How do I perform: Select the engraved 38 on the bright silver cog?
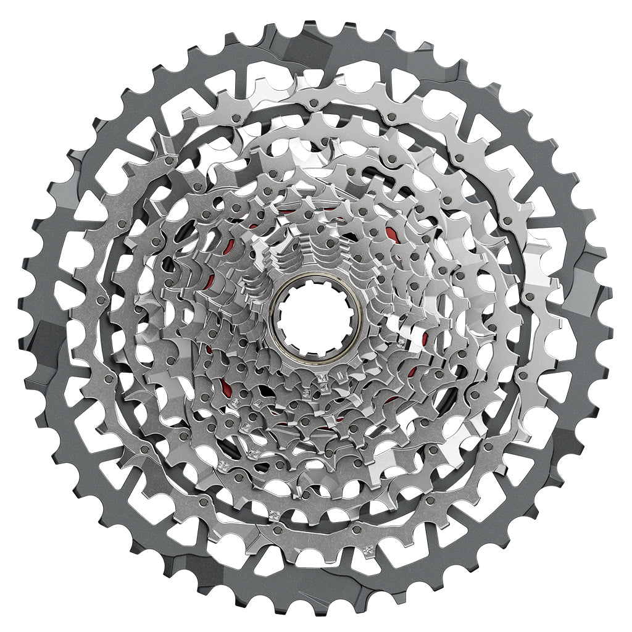point(368,547)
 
